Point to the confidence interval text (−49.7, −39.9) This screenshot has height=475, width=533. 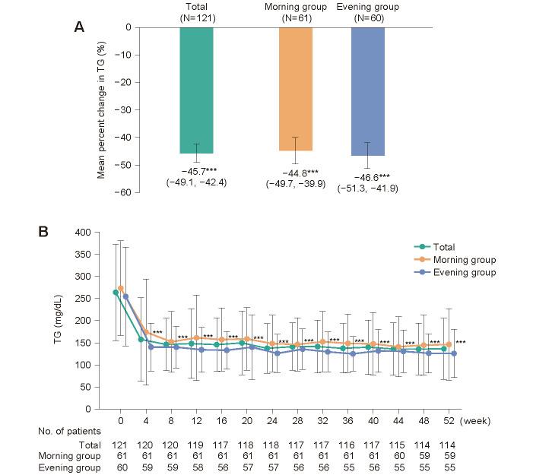296,184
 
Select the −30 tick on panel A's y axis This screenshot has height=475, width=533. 122,109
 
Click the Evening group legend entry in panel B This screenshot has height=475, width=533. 465,272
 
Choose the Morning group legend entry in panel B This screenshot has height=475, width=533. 465,259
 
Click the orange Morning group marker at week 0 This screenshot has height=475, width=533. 121,289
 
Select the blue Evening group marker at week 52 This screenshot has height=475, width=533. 454,353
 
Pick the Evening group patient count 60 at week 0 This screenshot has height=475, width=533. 120,467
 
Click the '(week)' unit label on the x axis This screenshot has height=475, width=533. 478,420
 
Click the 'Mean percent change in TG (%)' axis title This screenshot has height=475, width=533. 101,110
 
